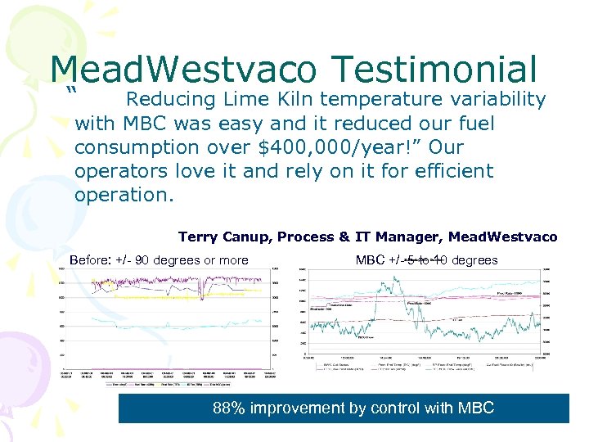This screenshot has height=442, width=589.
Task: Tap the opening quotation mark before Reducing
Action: [x=74, y=91]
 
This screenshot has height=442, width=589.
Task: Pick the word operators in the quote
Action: [x=115, y=172]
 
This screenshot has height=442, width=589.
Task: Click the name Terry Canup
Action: [x=223, y=237]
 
